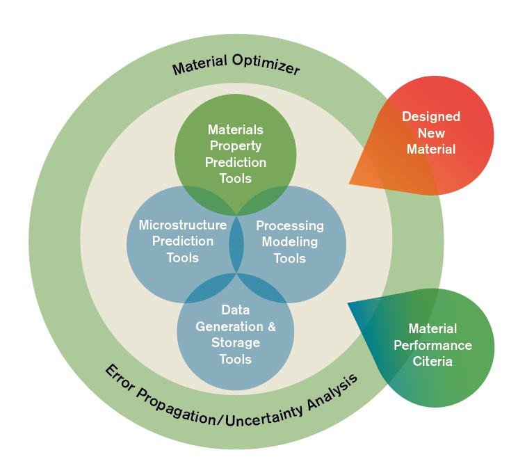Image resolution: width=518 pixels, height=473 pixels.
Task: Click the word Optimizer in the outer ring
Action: (x=264, y=68)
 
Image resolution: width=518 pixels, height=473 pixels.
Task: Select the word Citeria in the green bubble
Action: (x=432, y=361)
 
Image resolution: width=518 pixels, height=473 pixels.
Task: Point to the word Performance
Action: (x=432, y=345)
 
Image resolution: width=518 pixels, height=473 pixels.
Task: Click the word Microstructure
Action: (x=183, y=225)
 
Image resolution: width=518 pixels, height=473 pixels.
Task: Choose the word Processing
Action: (x=290, y=226)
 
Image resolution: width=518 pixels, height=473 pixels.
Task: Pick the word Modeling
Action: (x=290, y=242)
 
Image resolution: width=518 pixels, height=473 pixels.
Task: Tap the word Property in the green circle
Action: (x=235, y=146)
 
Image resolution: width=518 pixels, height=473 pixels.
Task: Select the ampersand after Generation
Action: (x=272, y=326)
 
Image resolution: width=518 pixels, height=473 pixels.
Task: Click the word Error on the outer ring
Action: (x=118, y=376)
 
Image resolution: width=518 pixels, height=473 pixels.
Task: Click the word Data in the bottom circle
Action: (x=235, y=310)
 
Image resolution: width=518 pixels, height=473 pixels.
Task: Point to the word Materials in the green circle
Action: (x=235, y=130)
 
